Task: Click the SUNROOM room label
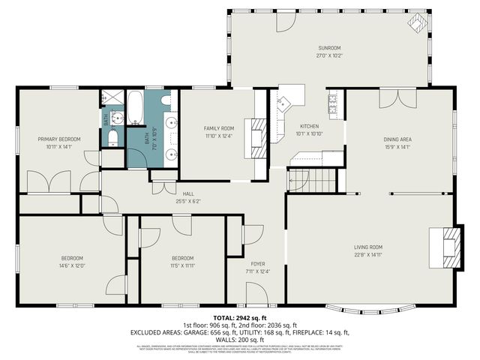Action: (323, 49)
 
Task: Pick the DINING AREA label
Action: (397, 139)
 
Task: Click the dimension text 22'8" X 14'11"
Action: (368, 255)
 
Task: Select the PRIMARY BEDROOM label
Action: (59, 139)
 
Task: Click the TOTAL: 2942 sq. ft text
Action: (240, 319)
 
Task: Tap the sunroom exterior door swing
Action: (284, 22)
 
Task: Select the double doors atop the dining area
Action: (397, 99)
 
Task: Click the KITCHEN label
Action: (309, 126)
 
